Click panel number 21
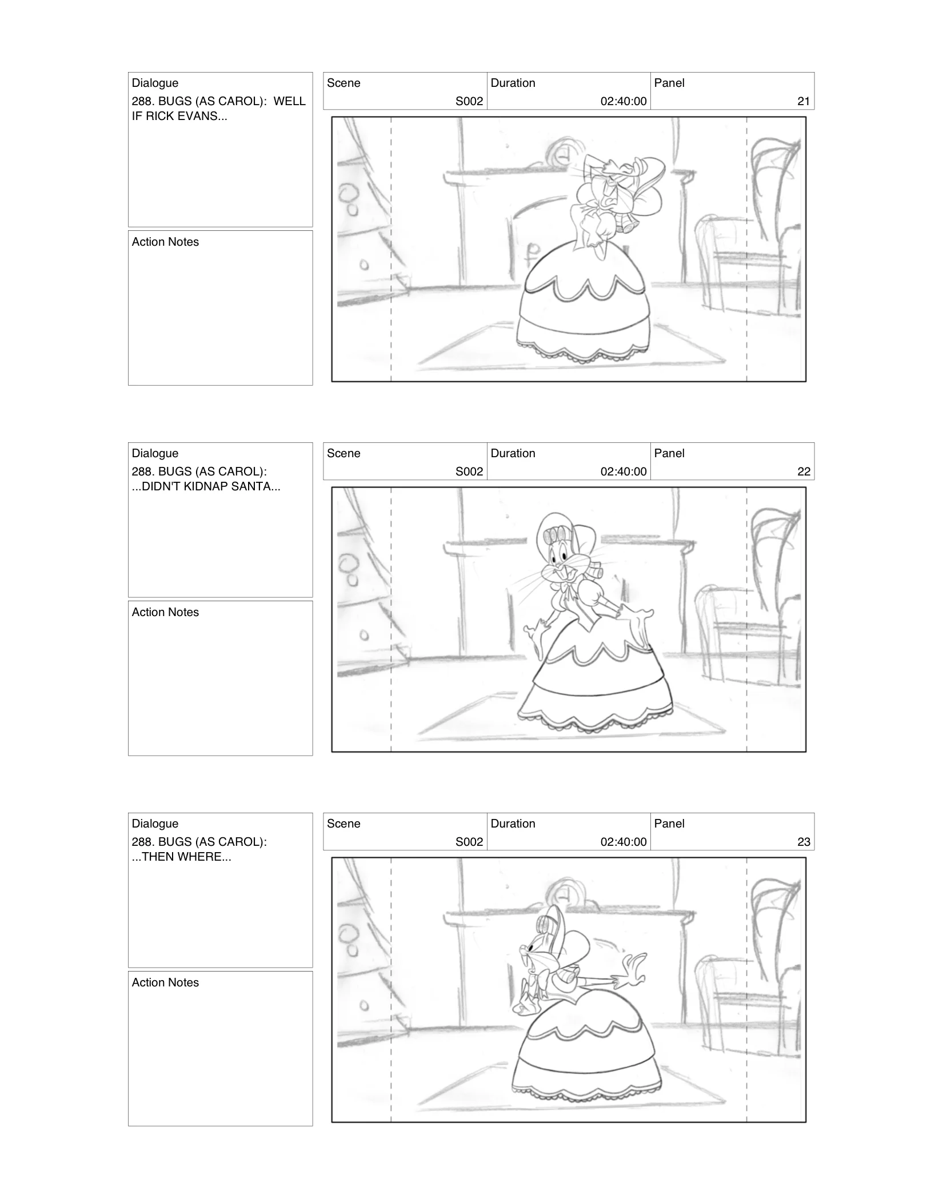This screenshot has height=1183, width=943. coord(803,101)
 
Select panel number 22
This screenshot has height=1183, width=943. coord(803,471)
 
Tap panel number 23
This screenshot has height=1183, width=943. coord(803,842)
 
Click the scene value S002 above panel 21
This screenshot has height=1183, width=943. coord(469,101)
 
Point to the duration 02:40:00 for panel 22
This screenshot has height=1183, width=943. coord(623,471)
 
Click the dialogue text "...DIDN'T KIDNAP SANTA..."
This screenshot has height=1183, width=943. coord(206,486)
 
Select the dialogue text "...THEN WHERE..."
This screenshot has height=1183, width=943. coord(182,857)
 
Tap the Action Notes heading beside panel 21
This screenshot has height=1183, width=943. coord(165,242)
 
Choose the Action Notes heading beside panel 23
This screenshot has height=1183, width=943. coord(165,982)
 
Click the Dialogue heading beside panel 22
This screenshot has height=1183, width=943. coord(155,453)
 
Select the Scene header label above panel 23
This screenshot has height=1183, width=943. coord(343,824)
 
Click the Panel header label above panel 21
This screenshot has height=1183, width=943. coord(669,83)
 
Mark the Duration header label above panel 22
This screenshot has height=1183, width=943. coord(513,453)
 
